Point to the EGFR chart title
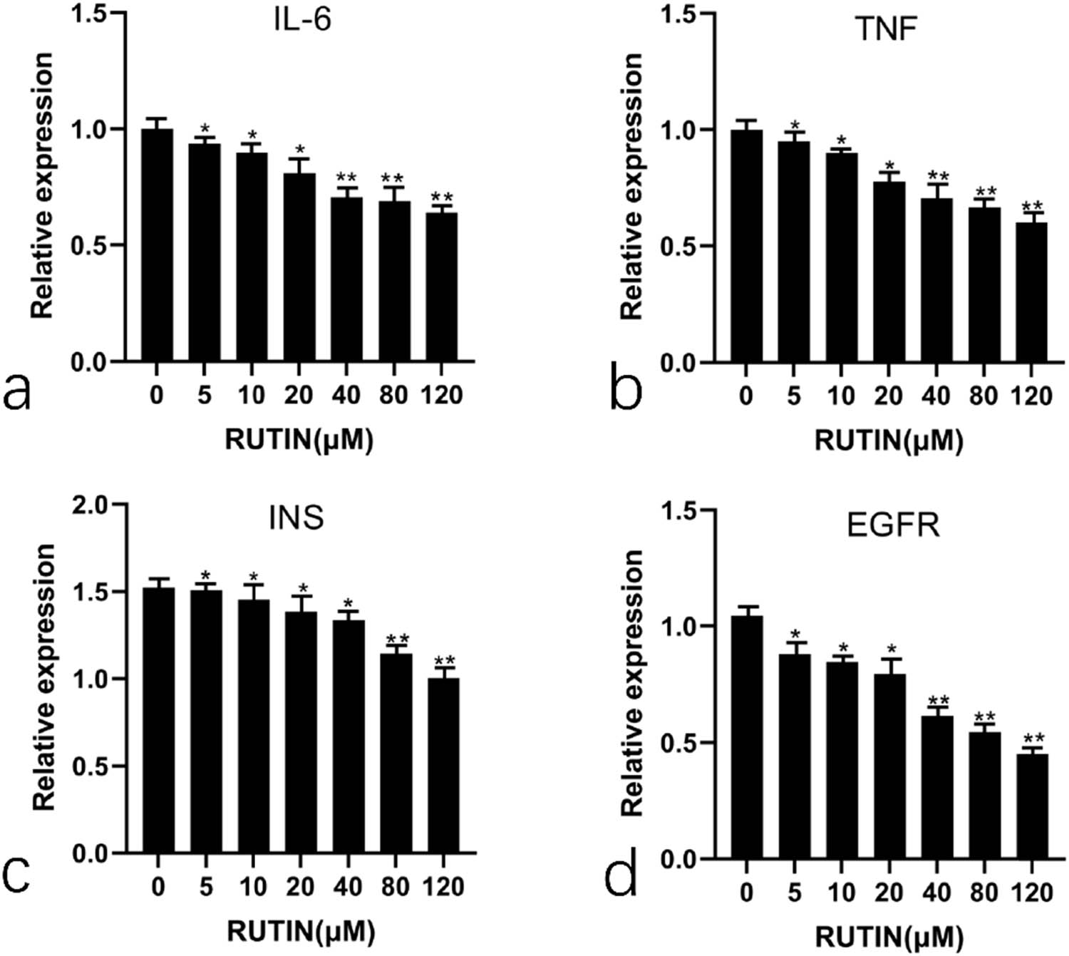(893, 526)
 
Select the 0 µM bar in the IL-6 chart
(157, 246)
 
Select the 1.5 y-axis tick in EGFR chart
(680, 510)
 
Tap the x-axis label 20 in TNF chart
(889, 396)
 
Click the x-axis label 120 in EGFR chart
(1031, 892)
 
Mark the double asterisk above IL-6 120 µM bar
(442, 197)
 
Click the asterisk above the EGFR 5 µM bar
(795, 634)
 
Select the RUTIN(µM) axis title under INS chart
(301, 930)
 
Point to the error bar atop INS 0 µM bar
(159, 582)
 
